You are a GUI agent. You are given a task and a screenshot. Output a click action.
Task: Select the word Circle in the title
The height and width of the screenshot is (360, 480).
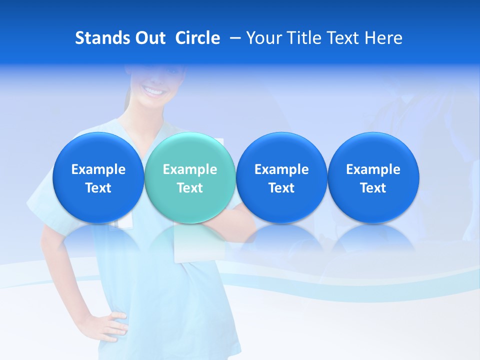[197, 38]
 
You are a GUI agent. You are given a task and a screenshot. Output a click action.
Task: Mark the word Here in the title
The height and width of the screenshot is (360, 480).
[384, 38]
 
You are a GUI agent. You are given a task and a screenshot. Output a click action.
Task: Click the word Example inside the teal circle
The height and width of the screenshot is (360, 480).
[190, 169]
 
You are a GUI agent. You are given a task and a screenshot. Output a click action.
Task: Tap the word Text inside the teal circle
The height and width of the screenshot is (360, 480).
[190, 188]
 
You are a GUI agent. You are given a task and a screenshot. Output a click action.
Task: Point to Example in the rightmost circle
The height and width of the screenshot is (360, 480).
[373, 169]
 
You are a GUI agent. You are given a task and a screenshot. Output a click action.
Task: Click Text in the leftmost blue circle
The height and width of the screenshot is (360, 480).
[98, 188]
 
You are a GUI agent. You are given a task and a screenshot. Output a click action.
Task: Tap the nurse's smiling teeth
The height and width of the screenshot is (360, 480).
[153, 91]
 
